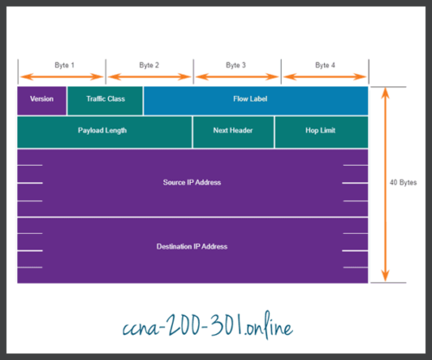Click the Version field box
pyautogui.click(x=41, y=99)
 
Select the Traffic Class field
pyautogui.click(x=105, y=99)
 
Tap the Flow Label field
pyautogui.click(x=256, y=99)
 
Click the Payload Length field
pyautogui.click(x=105, y=131)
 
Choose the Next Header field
pyautogui.click(x=233, y=131)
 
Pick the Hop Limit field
pyautogui.click(x=321, y=131)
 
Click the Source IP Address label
pyautogui.click(x=192, y=182)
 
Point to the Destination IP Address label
pyautogui.click(x=192, y=246)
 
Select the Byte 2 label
pyautogui.click(x=149, y=65)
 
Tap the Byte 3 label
pyautogui.click(x=236, y=65)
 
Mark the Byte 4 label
pyautogui.click(x=325, y=65)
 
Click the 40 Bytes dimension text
pyautogui.click(x=402, y=182)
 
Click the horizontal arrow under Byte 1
pyautogui.click(x=61, y=77)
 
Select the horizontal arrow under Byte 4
pyautogui.click(x=325, y=77)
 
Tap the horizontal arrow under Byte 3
pyautogui.click(x=237, y=77)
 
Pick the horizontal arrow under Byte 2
pyautogui.click(x=149, y=77)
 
